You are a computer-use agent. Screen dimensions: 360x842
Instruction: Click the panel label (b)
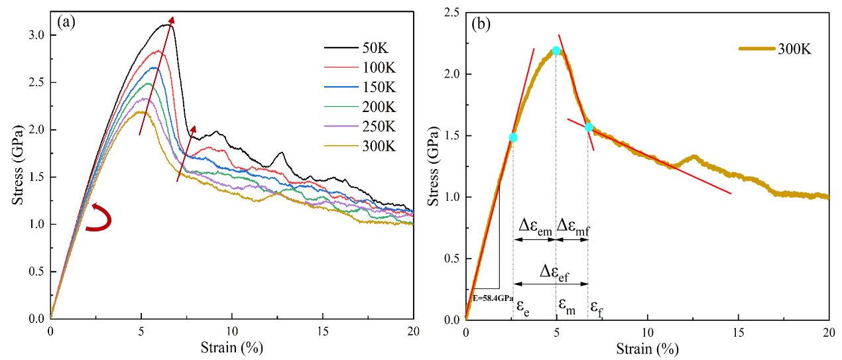(x=481, y=25)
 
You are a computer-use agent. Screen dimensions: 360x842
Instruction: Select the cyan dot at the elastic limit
(x=512, y=138)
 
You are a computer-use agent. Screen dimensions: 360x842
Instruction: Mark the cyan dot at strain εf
(x=588, y=127)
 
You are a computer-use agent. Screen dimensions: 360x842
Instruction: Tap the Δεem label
(x=534, y=228)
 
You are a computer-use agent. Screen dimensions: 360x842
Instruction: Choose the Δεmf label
(x=572, y=228)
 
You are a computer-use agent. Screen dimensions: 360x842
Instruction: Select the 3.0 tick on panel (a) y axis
(x=36, y=35)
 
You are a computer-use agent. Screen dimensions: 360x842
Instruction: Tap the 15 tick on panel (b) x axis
(x=739, y=331)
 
